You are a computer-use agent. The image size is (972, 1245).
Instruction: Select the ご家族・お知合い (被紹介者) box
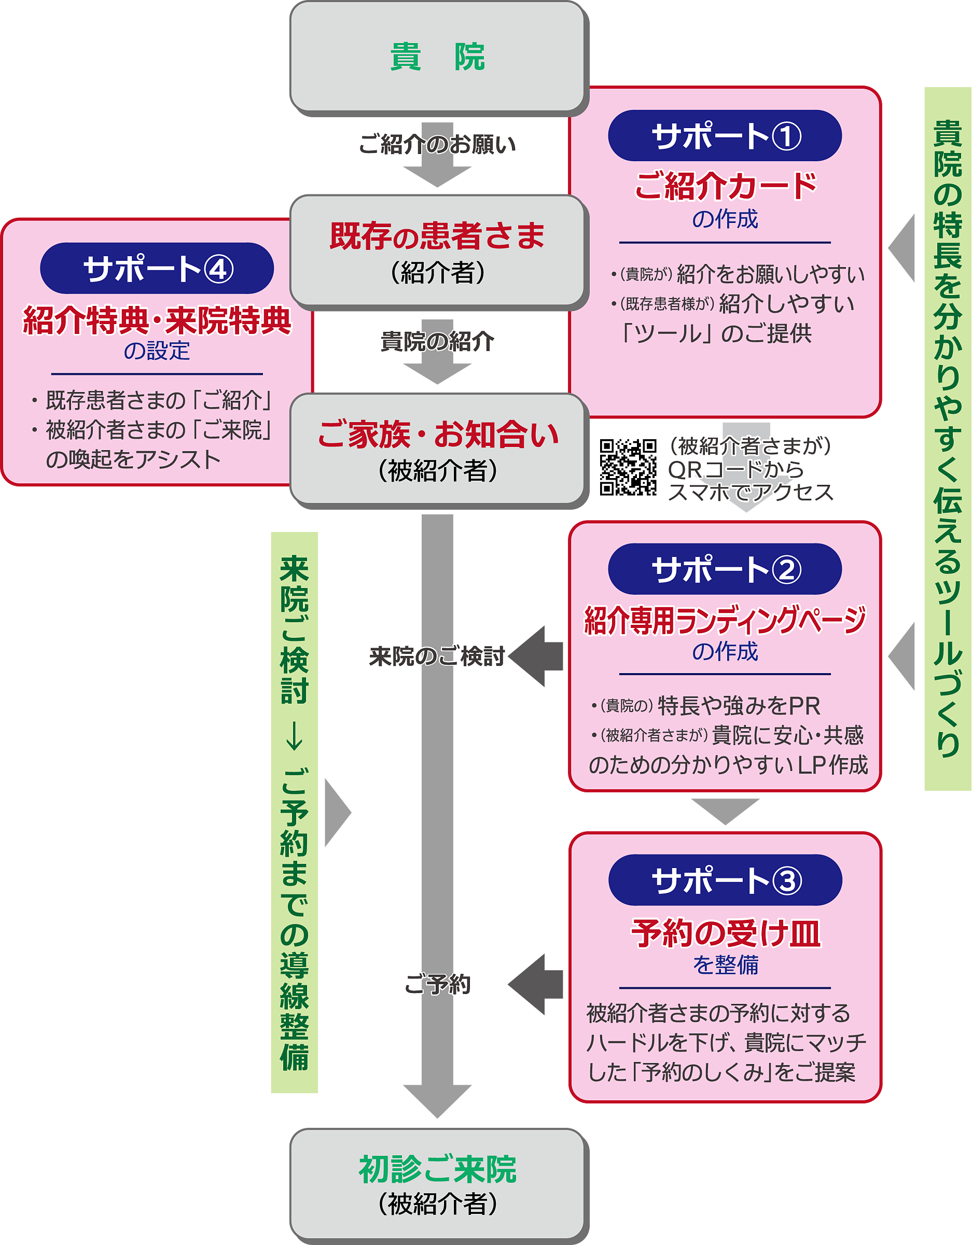click(437, 449)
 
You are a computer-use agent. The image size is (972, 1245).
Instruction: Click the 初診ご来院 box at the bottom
click(437, 1183)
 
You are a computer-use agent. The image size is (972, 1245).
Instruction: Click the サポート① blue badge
click(725, 136)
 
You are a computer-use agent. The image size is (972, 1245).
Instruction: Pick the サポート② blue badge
click(725, 569)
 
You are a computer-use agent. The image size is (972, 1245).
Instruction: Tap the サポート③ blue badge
click(725, 880)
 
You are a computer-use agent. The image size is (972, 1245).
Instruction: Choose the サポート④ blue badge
click(157, 269)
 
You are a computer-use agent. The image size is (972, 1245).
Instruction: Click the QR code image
click(628, 467)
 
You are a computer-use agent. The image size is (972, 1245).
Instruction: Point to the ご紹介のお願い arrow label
click(437, 145)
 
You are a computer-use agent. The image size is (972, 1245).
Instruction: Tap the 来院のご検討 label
click(437, 656)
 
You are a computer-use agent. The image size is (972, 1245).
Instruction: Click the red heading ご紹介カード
click(725, 186)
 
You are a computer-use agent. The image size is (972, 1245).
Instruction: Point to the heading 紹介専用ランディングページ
click(725, 620)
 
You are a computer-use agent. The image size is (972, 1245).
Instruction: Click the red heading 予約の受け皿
click(725, 934)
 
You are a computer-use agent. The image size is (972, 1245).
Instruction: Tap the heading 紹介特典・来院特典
click(157, 320)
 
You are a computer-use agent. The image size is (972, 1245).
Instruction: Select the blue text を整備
click(725, 965)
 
